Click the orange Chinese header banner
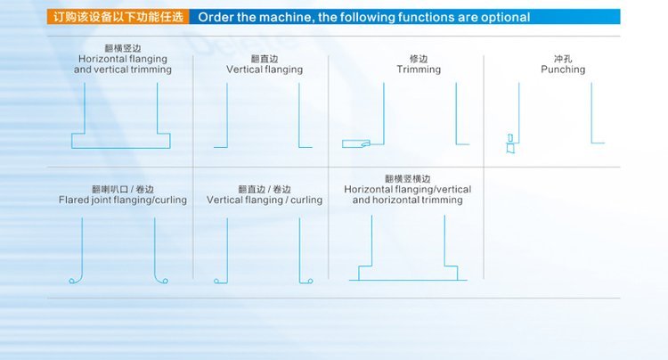tap(118, 17)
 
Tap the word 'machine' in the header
tap(287, 18)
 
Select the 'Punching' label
tap(563, 70)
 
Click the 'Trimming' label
tap(419, 70)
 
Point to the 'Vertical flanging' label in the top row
tap(265, 70)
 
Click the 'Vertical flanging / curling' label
tap(265, 200)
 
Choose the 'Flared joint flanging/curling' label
tap(123, 200)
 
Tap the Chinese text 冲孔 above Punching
tap(563, 59)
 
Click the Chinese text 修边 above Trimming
tap(419, 59)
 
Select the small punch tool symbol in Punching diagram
tap(510, 143)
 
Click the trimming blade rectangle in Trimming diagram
tap(355, 144)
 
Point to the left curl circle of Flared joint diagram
tap(72, 281)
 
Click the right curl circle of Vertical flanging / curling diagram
tap(310, 281)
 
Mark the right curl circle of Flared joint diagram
tap(166, 281)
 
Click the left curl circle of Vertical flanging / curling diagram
tap(216, 281)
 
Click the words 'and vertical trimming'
tap(123, 70)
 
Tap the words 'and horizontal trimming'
tap(407, 200)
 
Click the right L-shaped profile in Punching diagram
tap(598, 113)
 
